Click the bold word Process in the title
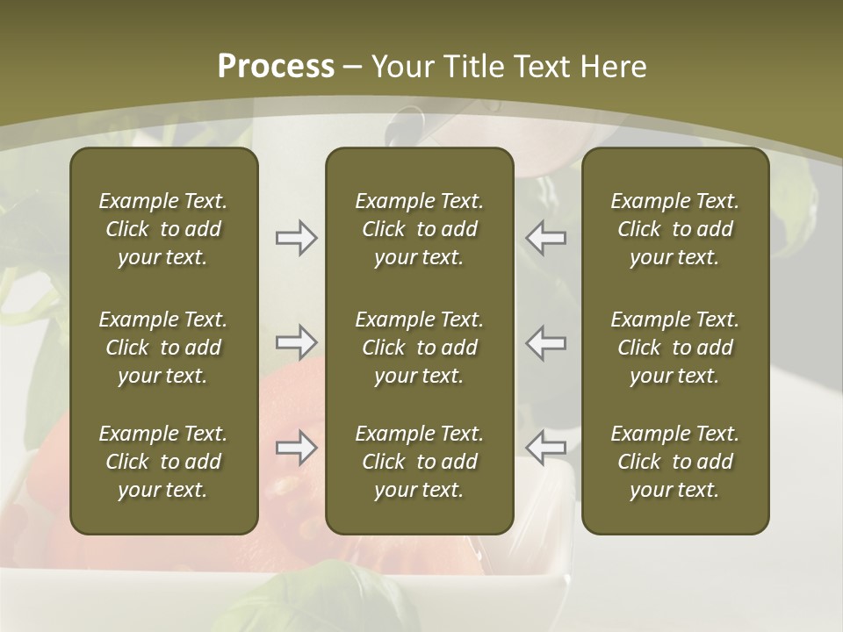point(276,67)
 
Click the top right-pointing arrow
point(297,238)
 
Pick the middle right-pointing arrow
point(297,342)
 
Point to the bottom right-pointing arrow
point(297,448)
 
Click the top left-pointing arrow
point(545,238)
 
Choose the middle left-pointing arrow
point(545,342)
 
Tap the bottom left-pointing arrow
point(545,448)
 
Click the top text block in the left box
point(163,229)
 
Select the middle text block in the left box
point(163,348)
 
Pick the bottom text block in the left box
point(163,462)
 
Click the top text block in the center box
point(419,229)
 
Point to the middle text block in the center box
point(419,348)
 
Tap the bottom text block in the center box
point(419,462)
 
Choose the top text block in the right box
point(674,229)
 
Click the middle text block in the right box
point(674,348)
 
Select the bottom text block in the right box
point(674,462)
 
